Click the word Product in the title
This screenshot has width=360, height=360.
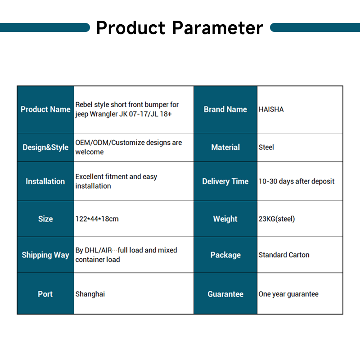[x=130, y=28]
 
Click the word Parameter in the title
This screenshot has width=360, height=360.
[x=218, y=28]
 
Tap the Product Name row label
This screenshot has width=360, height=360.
[x=45, y=109]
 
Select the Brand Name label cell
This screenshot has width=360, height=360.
[x=225, y=109]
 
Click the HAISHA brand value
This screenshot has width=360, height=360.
[x=271, y=109]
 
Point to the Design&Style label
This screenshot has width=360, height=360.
[x=45, y=147]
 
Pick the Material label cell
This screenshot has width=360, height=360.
[x=225, y=147]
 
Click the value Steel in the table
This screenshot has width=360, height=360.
[x=266, y=147]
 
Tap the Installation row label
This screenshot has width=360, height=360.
[x=45, y=181]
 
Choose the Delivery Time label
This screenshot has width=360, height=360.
[x=225, y=181]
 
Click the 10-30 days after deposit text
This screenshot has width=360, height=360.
[x=297, y=181]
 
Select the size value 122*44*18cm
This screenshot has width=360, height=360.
[x=97, y=219]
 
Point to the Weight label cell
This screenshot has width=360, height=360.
[x=225, y=219]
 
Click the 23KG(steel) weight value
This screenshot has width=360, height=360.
[x=277, y=219]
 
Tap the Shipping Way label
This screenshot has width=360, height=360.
[x=45, y=255]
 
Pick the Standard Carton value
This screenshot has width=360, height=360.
[x=284, y=255]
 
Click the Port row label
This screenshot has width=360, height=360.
[x=45, y=294]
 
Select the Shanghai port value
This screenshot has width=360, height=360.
[x=90, y=294]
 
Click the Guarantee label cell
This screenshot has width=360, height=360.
[x=225, y=294]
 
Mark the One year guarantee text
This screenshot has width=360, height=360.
[x=288, y=294]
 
